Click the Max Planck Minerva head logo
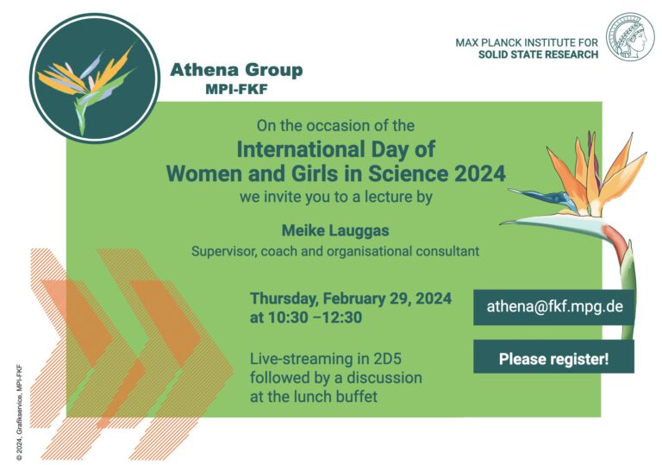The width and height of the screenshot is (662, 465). [x=630, y=37]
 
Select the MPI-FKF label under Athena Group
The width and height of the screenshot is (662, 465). [x=236, y=89]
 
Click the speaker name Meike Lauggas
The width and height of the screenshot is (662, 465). [x=334, y=229]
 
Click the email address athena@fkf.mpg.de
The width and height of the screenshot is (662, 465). [x=553, y=306]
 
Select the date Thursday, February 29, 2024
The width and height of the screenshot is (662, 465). [x=350, y=298]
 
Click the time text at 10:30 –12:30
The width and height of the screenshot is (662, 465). [x=305, y=317]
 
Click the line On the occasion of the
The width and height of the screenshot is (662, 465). [x=335, y=126]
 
